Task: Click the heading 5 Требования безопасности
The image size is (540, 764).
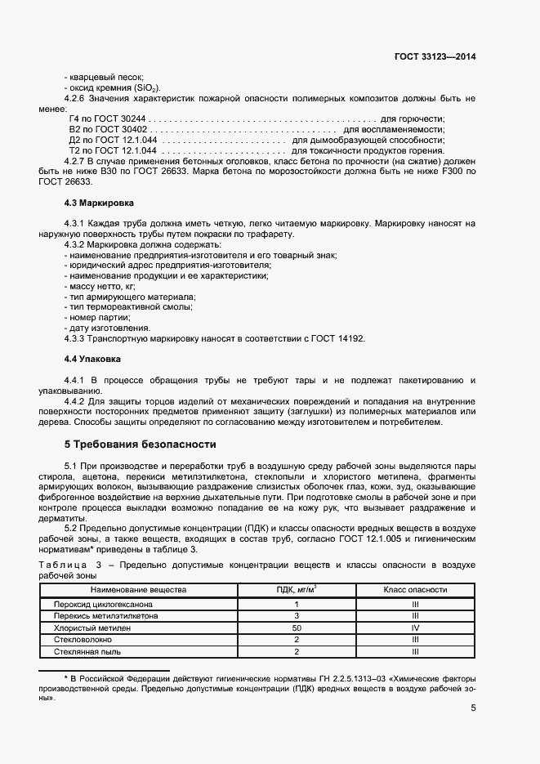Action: (x=140, y=445)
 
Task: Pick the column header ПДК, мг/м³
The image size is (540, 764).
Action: (x=297, y=589)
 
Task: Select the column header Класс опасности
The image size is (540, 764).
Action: (x=415, y=589)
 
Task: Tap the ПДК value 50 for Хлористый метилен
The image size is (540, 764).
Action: (x=297, y=628)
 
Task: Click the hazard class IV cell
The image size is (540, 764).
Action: (x=415, y=628)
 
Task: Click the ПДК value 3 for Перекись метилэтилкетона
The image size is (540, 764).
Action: (x=297, y=615)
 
